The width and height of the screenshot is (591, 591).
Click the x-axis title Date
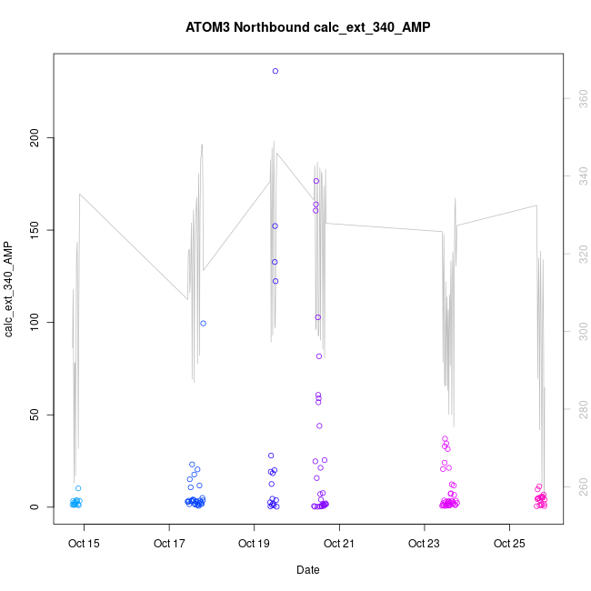point(307,570)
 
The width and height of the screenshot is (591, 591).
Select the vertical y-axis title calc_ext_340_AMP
point(9,289)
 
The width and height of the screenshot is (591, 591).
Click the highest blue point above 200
point(275,71)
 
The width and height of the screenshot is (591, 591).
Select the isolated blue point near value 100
point(204,323)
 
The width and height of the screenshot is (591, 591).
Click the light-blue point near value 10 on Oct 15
point(78,488)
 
